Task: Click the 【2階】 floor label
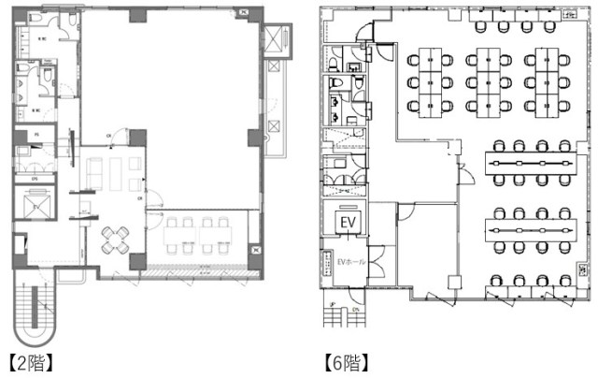click(x=30, y=362)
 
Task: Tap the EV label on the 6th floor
click(x=348, y=223)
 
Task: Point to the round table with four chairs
click(x=116, y=238)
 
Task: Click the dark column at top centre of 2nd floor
click(x=137, y=16)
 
